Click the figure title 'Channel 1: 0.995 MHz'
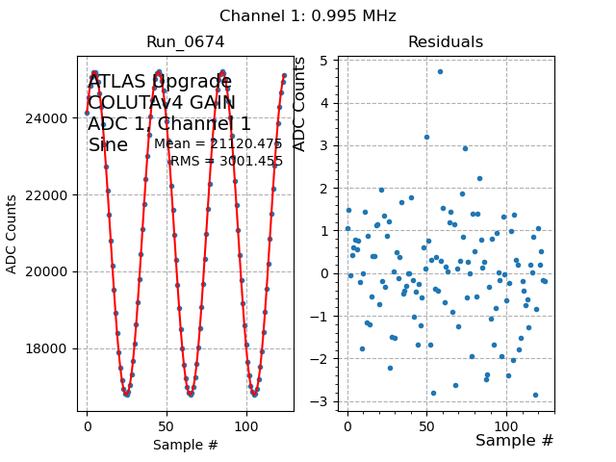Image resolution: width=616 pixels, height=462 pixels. (308, 16)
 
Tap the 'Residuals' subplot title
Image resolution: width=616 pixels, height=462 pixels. (445, 42)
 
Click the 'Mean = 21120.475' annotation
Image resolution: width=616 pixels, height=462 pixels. (218, 144)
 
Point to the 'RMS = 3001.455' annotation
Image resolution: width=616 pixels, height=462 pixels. (226, 162)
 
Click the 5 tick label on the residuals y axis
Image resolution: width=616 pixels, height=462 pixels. (327, 61)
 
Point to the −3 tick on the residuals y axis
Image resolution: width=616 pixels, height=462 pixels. (323, 401)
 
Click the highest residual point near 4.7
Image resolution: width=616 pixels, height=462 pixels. (440, 71)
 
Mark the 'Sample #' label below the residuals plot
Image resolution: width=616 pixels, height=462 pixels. (514, 441)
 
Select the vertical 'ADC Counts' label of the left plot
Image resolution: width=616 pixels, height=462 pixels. (13, 234)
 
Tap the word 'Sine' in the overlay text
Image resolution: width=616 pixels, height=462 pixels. (108, 145)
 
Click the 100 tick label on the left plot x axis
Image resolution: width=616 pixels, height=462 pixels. (246, 424)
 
